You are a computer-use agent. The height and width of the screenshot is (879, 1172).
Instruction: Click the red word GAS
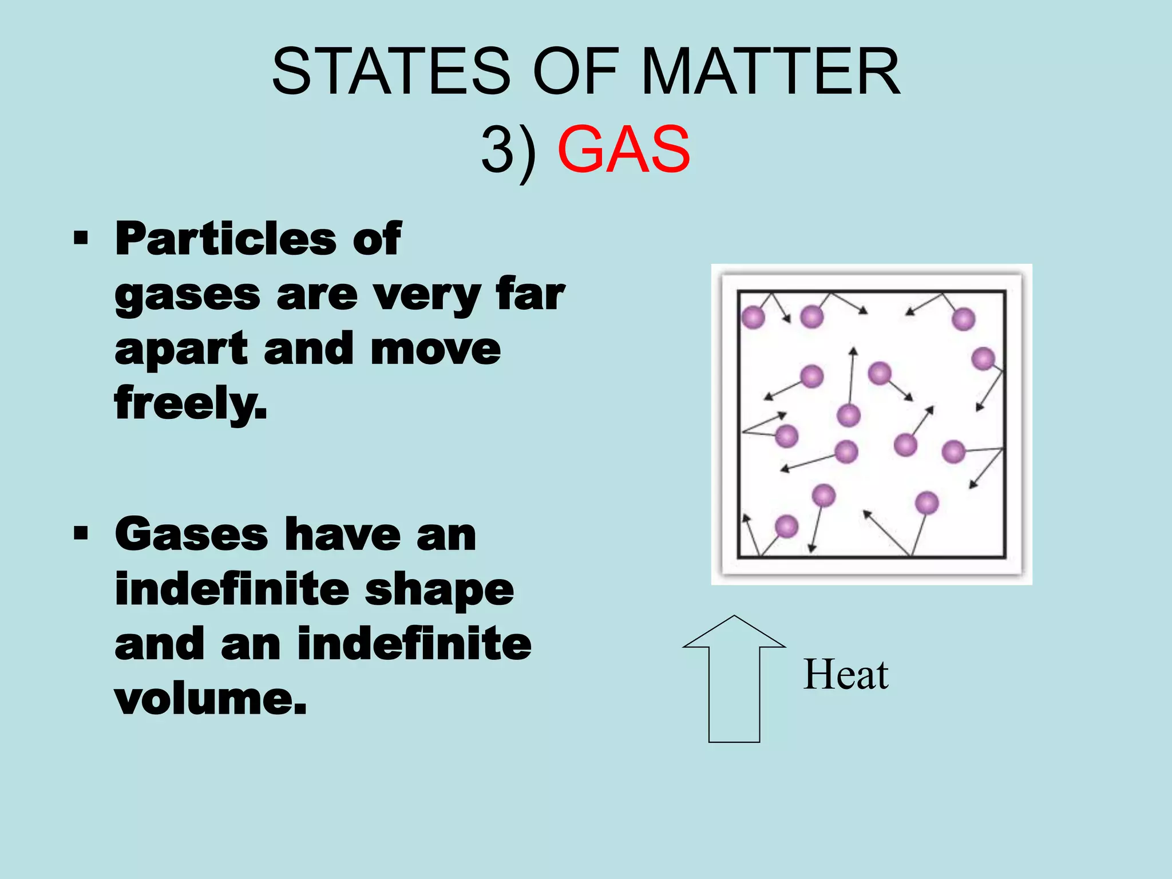(624, 150)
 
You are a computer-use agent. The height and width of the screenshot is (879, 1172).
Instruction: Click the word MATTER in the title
(771, 72)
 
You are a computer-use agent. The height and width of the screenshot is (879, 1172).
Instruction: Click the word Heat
(846, 675)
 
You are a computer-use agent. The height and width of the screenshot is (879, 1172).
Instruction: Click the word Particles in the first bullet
(225, 239)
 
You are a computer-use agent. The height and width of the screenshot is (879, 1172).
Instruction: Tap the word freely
(191, 403)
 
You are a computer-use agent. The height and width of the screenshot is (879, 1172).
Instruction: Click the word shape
(439, 589)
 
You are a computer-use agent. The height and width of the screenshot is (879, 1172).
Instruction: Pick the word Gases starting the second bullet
(191, 534)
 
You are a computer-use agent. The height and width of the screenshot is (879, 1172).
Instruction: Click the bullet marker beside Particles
(81, 237)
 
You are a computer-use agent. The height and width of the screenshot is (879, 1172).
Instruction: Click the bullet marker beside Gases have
(81, 533)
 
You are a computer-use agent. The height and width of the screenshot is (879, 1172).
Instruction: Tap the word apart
(181, 349)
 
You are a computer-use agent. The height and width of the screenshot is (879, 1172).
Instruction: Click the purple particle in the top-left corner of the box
(753, 316)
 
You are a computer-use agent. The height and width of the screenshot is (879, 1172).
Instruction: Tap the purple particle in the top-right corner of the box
(963, 319)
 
